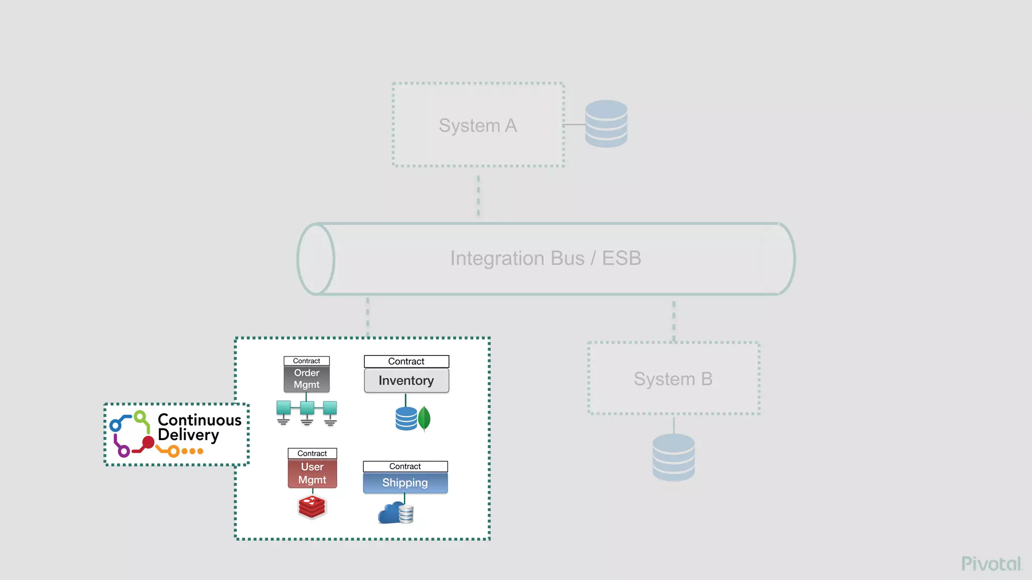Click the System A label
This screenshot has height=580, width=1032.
478,125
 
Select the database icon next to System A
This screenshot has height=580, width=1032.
606,124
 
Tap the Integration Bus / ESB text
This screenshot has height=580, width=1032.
545,258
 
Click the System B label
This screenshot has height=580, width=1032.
673,379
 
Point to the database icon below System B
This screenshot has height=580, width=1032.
673,457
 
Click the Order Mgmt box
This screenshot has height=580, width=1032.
306,379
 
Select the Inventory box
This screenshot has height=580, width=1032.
406,381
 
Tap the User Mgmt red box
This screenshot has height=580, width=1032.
312,474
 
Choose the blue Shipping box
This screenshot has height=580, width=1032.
405,483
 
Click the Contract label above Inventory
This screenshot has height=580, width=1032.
406,361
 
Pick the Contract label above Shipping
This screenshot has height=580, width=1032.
405,467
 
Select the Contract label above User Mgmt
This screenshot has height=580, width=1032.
312,454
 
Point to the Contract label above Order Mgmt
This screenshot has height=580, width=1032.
306,361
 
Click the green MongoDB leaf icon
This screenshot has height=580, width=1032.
424,418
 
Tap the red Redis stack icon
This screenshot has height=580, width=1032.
312,506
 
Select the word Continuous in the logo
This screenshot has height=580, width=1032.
200,420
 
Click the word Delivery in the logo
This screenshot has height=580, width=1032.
188,435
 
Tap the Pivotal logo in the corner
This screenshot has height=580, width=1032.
991,564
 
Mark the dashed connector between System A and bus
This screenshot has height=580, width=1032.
478,195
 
